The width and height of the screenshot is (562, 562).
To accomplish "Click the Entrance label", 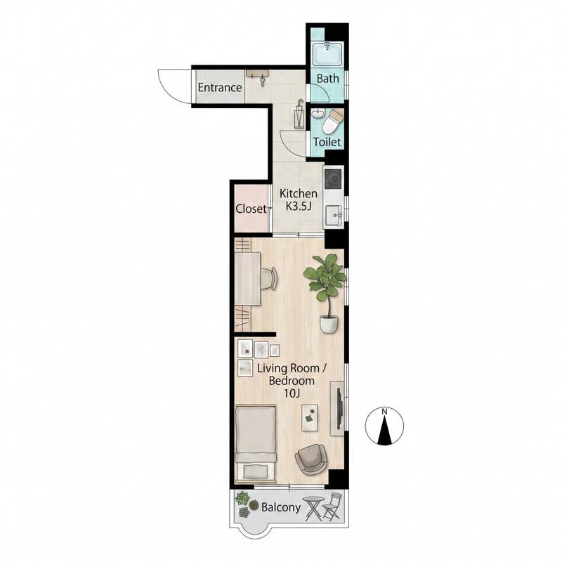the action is pyautogui.click(x=220, y=87).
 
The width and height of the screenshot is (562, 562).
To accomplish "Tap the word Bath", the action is pyautogui.click(x=327, y=79).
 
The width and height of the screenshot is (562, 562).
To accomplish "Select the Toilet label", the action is pyautogui.click(x=327, y=142).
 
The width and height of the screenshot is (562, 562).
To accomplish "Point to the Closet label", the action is pyautogui.click(x=251, y=209).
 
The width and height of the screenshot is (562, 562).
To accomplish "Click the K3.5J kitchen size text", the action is pyautogui.click(x=298, y=206).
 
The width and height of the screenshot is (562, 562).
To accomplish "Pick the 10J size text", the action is pyautogui.click(x=292, y=393).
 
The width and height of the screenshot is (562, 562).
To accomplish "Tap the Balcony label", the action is pyautogui.click(x=280, y=507).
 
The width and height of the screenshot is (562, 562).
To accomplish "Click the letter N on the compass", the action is pyautogui.click(x=384, y=412).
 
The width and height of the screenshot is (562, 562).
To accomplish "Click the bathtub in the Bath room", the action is pyautogui.click(x=327, y=54).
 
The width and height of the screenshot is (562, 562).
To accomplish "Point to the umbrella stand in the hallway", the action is pyautogui.click(x=299, y=114).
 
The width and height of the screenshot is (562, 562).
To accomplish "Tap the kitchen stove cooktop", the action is pyautogui.click(x=333, y=179).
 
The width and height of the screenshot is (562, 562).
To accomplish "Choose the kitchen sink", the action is pyautogui.click(x=333, y=216).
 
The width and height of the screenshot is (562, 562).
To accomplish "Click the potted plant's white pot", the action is pyautogui.click(x=329, y=324).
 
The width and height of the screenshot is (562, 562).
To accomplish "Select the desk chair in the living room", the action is pyautogui.click(x=269, y=278).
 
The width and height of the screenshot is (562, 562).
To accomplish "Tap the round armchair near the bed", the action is pyautogui.click(x=311, y=459).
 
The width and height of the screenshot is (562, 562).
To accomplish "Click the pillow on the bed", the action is pyautogui.click(x=255, y=471).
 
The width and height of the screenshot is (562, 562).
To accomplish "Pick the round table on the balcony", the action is pyautogui.click(x=313, y=508).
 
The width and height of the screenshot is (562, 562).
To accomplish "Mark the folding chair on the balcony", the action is pyautogui.click(x=332, y=507).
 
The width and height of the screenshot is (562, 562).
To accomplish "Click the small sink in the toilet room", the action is pyautogui.click(x=318, y=115).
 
